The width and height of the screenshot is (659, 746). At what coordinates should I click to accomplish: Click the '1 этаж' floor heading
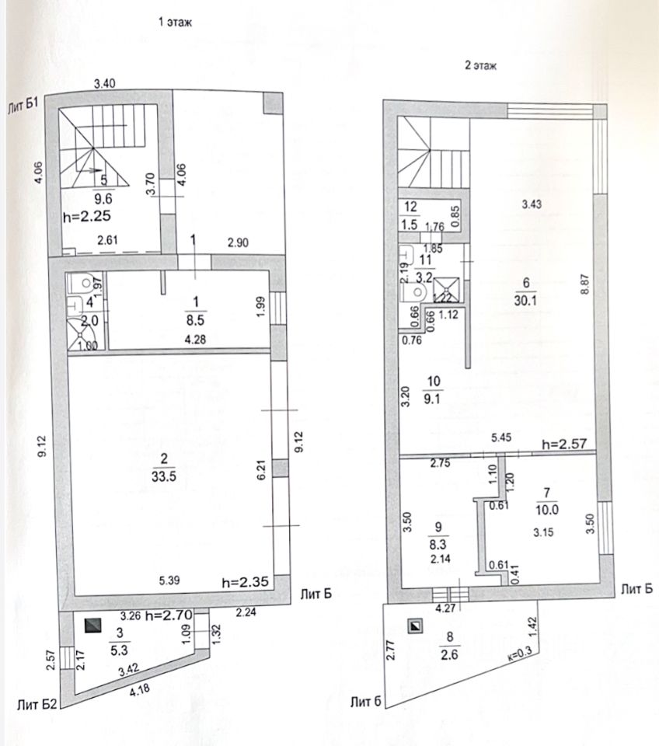click(x=175, y=23)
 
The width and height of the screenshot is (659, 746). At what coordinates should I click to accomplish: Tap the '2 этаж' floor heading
click(x=480, y=67)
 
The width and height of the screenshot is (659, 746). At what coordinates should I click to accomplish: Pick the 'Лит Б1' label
click(x=23, y=106)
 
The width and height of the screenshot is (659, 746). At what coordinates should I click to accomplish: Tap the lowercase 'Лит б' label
click(x=366, y=702)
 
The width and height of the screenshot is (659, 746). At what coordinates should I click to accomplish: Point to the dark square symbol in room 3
click(x=93, y=624)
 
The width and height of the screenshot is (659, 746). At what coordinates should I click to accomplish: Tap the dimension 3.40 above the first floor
click(x=105, y=82)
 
